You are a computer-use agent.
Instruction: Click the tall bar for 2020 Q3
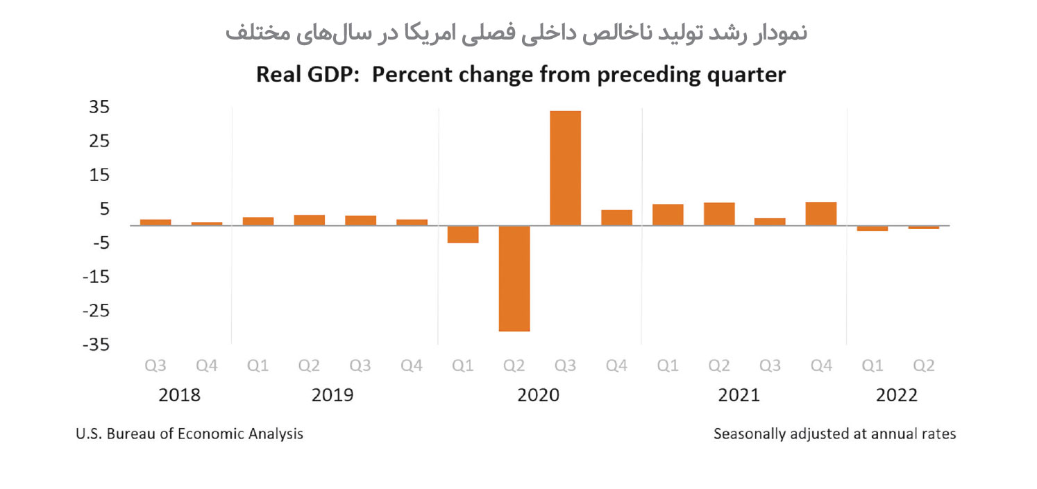(x=565, y=168)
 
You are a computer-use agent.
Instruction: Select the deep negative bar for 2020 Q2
(x=514, y=278)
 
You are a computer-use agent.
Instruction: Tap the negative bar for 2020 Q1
(x=463, y=234)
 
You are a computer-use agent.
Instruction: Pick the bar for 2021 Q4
(x=821, y=214)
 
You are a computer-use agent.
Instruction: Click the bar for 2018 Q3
(x=155, y=223)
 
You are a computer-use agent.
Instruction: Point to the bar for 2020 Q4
(x=616, y=218)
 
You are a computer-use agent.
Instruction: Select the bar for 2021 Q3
(x=770, y=222)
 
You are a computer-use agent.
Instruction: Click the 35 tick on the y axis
(x=99, y=108)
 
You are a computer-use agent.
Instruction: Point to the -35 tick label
(x=95, y=345)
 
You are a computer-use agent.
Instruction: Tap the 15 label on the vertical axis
(x=99, y=175)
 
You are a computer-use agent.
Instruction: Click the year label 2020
(x=539, y=395)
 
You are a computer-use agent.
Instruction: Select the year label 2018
(x=179, y=395)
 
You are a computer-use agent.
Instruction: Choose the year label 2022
(x=897, y=395)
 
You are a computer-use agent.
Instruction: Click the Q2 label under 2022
(x=923, y=366)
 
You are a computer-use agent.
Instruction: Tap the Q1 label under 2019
(x=258, y=366)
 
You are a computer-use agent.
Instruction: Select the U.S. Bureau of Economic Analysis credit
(x=189, y=434)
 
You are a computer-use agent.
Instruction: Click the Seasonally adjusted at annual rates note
(x=834, y=434)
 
